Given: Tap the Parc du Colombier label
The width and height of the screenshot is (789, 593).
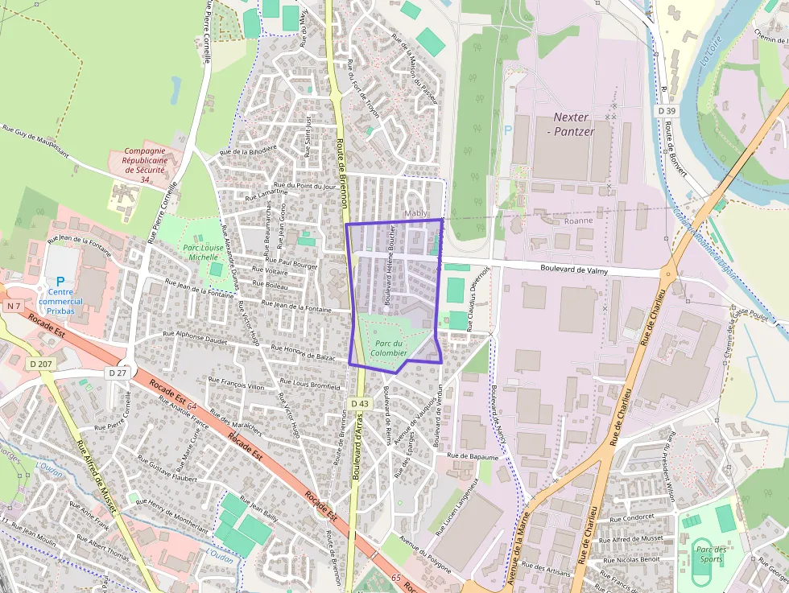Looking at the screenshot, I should tap(390, 348).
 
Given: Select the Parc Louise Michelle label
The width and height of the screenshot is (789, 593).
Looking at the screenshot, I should tap(202, 253).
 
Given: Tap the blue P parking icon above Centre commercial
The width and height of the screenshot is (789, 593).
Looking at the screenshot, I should tap(60, 282).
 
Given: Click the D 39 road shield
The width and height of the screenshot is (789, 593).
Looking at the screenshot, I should tap(666, 110).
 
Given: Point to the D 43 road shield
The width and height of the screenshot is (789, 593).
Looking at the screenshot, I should tap(360, 403).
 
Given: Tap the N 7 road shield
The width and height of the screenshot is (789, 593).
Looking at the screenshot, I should tap(13, 307).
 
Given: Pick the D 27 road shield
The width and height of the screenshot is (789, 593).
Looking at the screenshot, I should tap(118, 373).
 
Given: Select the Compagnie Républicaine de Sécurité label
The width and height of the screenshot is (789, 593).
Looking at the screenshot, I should tap(145, 164).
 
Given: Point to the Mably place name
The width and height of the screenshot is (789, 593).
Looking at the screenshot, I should tap(415, 213).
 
